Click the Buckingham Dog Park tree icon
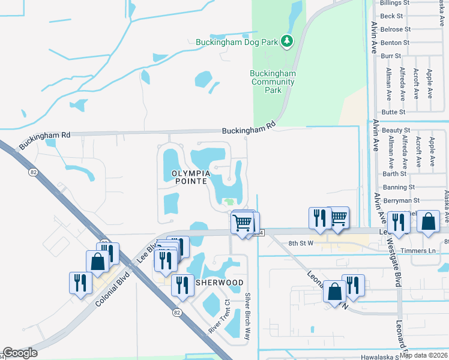288,41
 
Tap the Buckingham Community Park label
273,82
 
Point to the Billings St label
394,3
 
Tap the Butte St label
393,112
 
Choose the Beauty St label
396,130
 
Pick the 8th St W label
301,243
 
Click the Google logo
20,353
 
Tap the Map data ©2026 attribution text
424,355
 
